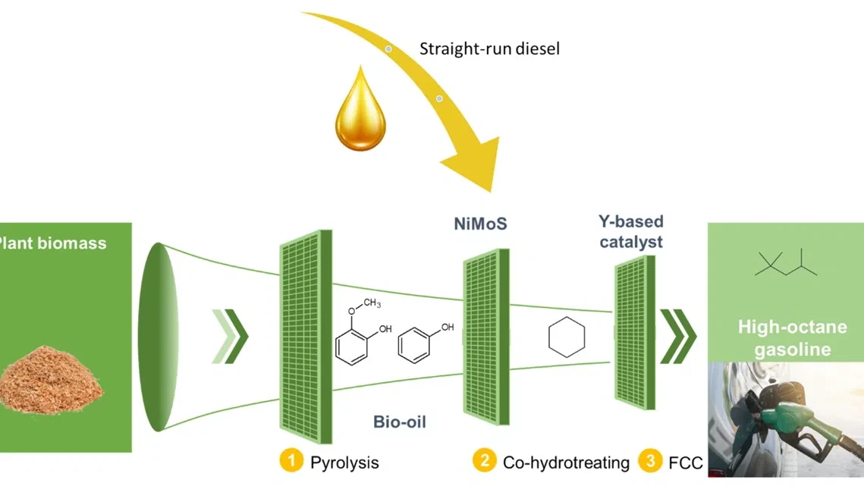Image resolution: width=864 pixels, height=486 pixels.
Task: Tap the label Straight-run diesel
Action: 489,49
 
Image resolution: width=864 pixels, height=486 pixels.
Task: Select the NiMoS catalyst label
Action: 480,224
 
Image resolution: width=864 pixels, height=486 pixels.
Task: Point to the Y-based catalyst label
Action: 631,231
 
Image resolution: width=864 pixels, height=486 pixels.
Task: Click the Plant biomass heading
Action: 52,243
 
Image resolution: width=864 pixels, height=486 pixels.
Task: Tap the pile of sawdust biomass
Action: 51,380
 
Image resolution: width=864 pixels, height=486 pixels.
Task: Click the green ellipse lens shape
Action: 159,337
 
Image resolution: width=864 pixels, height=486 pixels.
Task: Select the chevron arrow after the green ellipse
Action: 231,336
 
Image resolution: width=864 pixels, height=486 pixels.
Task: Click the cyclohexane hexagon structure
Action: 567,337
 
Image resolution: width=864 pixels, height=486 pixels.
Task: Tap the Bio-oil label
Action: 400,422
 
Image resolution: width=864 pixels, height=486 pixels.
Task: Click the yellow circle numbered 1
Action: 291,461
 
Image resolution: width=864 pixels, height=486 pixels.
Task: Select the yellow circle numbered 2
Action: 485,461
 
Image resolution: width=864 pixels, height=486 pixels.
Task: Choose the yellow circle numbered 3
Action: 650,461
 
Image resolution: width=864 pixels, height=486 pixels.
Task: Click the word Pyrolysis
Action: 344,462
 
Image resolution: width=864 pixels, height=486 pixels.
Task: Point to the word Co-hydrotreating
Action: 566,462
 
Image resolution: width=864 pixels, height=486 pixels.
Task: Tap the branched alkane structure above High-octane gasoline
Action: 785,262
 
